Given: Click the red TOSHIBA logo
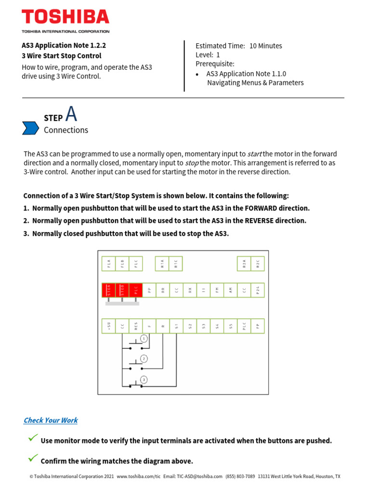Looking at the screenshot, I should (x=66, y=17).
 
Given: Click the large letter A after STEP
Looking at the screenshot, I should (x=71, y=114).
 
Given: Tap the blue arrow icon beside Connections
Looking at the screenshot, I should (x=30, y=128).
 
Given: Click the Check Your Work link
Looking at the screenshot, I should (x=51, y=420).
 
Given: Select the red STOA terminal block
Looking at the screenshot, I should (x=109, y=290).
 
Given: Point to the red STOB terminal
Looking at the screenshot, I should (x=122, y=290).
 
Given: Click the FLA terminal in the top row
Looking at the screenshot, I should (x=109, y=263).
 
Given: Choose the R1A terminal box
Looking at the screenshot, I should (x=162, y=263).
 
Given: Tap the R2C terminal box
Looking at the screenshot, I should (x=258, y=263).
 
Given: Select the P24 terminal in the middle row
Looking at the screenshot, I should (x=258, y=290).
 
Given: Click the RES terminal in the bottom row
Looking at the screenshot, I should (x=136, y=326).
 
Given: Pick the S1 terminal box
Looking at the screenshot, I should (x=176, y=326).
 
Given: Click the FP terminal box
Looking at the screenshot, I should (x=258, y=326).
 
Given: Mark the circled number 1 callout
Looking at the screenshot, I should (x=144, y=339).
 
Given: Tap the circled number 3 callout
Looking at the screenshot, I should (x=144, y=379).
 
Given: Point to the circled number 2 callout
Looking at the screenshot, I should (x=144, y=359).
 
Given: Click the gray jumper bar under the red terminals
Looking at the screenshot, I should (x=122, y=303).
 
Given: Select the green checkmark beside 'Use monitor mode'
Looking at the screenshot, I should (x=33, y=438).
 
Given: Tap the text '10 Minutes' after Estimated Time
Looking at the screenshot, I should (x=265, y=46).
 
